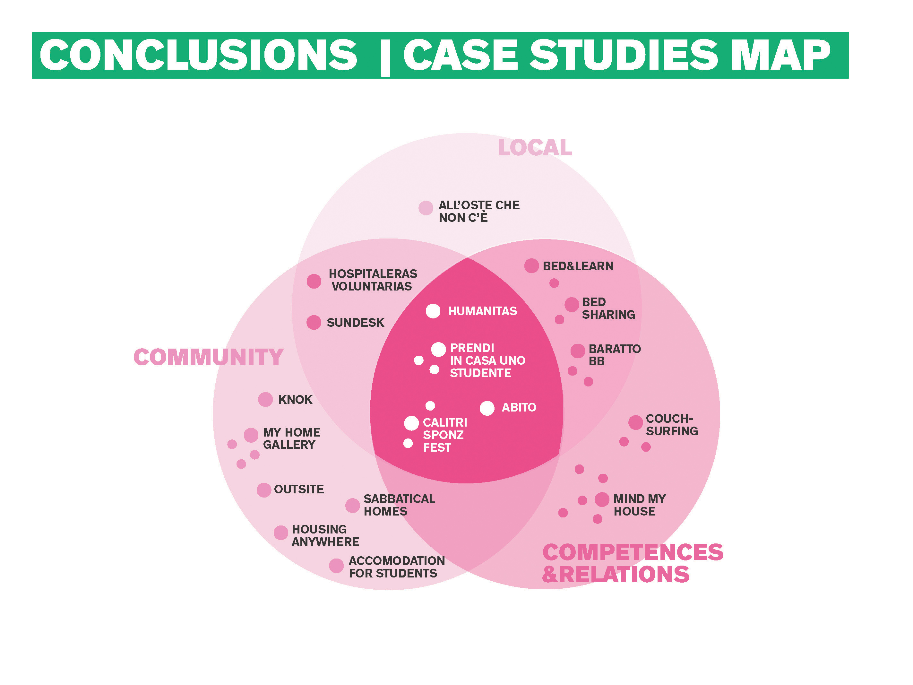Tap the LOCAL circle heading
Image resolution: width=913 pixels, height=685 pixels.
click(535, 147)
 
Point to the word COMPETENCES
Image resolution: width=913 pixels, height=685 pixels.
click(633, 552)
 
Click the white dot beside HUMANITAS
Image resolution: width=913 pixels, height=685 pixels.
click(433, 311)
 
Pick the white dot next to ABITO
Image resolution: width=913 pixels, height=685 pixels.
click(487, 408)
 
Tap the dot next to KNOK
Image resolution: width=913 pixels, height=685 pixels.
click(265, 399)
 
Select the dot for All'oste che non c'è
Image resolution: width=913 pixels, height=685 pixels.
click(426, 208)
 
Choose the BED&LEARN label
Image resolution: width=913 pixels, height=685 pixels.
click(578, 266)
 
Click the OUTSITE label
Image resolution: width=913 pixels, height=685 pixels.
click(299, 489)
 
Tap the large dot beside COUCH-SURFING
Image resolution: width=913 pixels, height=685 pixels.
click(636, 422)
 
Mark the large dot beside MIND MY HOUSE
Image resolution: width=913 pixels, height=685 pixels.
click(602, 499)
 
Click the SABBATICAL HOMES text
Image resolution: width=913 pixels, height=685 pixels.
click(399, 505)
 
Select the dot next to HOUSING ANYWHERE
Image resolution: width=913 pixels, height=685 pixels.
click(281, 533)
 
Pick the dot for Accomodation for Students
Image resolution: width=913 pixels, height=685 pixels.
click(336, 566)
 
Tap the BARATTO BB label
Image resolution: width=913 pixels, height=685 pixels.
click(615, 355)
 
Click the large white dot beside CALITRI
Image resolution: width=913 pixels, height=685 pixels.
click(411, 423)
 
